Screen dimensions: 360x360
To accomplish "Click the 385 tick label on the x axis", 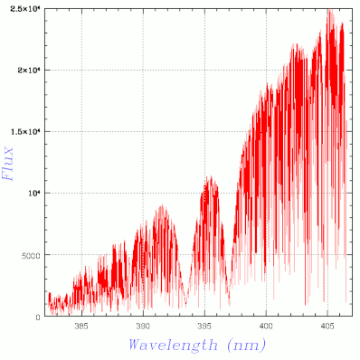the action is click(x=81, y=326).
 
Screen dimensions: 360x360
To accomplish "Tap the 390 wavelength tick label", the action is click(x=143, y=326).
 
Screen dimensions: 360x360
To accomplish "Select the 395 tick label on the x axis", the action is click(x=204, y=326).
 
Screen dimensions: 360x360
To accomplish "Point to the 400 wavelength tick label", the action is click(x=266, y=326).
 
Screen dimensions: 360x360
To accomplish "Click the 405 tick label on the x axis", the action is click(x=327, y=326).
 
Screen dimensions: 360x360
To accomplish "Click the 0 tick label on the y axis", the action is click(x=37, y=317).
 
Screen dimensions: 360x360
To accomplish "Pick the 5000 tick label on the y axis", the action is click(x=31, y=256).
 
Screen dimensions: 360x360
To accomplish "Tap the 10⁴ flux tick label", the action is click(x=34, y=193).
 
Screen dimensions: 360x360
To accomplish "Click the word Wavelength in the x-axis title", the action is click(x=173, y=345).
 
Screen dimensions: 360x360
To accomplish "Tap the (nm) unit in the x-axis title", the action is click(x=247, y=345).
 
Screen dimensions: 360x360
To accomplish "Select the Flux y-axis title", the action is click(x=8, y=164).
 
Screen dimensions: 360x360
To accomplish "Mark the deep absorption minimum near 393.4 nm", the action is click(x=185, y=304).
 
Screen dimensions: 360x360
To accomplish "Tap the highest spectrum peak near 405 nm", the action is click(x=330, y=10).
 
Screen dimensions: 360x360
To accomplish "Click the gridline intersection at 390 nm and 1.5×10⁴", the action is click(x=143, y=131).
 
